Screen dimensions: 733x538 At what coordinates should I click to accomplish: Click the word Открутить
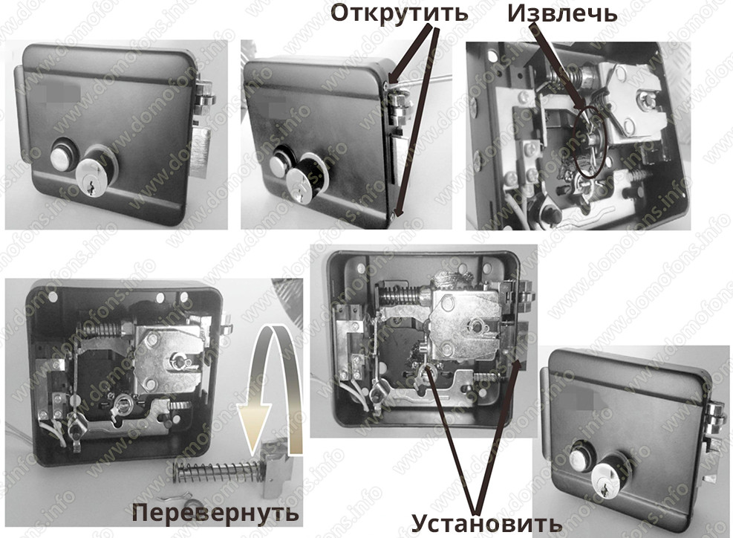pyautogui.click(x=400, y=13)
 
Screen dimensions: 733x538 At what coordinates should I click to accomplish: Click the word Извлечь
pyautogui.click(x=562, y=13)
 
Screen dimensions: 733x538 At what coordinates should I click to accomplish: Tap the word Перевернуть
pyautogui.click(x=215, y=513)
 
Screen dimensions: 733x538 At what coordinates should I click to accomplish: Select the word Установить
pyautogui.click(x=486, y=523)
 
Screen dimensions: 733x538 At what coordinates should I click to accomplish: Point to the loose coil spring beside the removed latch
pyautogui.click(x=216, y=471)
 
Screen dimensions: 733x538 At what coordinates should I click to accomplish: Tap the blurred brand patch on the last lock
pyautogui.click(x=576, y=401)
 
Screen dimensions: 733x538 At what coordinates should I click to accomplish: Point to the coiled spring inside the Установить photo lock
pyautogui.click(x=403, y=295)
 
